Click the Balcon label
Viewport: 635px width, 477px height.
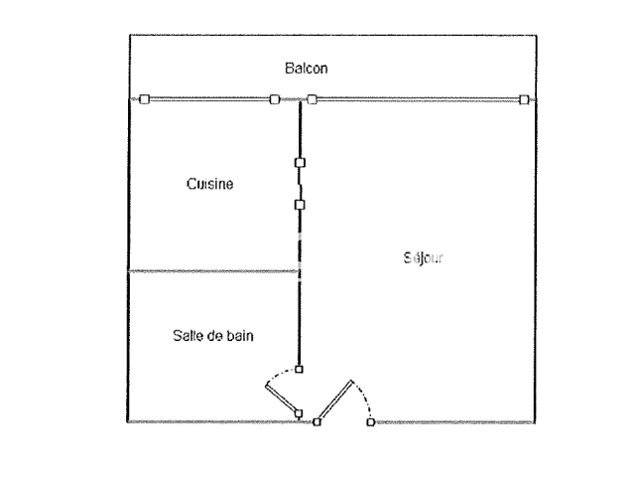(x=307, y=69)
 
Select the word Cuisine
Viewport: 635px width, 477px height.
(x=209, y=184)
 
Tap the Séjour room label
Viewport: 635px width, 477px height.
(x=424, y=256)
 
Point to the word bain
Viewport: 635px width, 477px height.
(x=239, y=336)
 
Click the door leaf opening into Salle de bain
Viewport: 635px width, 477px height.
(x=283, y=398)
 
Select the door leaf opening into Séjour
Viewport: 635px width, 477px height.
(x=336, y=401)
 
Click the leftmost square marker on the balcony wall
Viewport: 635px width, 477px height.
(x=143, y=98)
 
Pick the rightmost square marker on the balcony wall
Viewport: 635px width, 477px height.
(x=523, y=98)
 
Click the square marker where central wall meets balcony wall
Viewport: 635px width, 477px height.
(x=312, y=98)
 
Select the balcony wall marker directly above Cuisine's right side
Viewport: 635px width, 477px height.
(x=275, y=98)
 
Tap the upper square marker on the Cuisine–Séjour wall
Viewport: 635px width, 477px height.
(x=300, y=162)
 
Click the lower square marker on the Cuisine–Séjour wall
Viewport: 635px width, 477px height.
(x=300, y=205)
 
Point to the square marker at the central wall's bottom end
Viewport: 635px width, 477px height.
(x=300, y=369)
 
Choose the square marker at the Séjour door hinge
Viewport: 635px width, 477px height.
(x=317, y=422)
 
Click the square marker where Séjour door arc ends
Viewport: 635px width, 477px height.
(x=370, y=422)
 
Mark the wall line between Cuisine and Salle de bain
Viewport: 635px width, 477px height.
(x=213, y=270)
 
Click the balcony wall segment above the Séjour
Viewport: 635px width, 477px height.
(x=417, y=98)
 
